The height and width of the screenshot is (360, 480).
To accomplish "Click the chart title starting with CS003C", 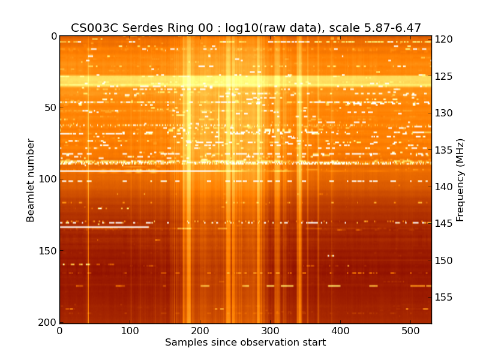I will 245,28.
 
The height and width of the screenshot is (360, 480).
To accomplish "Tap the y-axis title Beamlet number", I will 31,180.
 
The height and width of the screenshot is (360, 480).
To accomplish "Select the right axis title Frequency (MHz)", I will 460,180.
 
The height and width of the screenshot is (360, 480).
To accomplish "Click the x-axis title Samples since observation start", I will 245,343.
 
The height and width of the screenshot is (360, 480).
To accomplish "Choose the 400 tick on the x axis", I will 340,331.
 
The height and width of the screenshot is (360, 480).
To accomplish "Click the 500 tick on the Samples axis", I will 410,331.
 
